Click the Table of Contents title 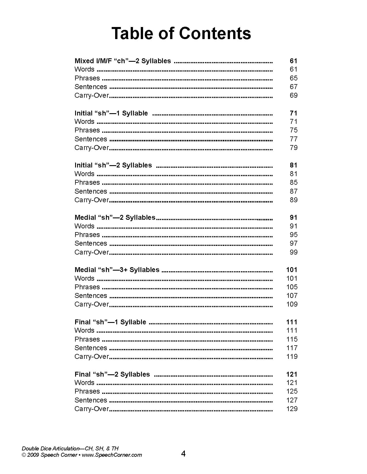click(181, 33)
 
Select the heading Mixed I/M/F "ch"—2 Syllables click(123, 61)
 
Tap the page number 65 click(293, 78)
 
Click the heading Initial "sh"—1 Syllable click(111, 113)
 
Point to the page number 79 click(293, 148)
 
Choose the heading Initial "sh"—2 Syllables click(113, 165)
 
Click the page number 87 click(293, 191)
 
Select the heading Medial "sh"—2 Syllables click(115, 217)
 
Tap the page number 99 click(293, 252)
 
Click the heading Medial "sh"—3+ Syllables click(117, 270)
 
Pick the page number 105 click(292, 287)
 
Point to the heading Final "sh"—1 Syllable click(110, 322)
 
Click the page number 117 click(292, 348)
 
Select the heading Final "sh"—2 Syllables click(112, 374)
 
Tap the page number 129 click(292, 409)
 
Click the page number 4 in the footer click(183, 454)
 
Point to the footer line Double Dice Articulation click(70, 448)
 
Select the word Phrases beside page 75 click(87, 130)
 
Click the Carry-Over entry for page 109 click(92, 304)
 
